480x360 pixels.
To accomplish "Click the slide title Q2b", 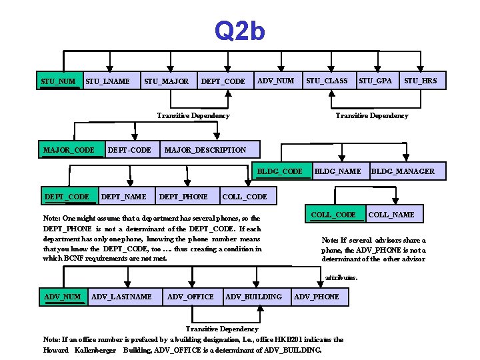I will (x=239, y=31).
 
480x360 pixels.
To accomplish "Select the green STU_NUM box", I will (x=59, y=81).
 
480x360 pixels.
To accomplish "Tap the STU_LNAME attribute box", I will (x=108, y=81).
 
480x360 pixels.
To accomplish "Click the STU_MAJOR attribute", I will (x=166, y=81).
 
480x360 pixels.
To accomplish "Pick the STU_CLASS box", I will (x=327, y=81).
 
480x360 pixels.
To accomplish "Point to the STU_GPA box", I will (x=375, y=81).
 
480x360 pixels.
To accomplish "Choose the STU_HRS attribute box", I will (x=420, y=81).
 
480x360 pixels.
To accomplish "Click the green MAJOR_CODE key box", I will (x=69, y=149).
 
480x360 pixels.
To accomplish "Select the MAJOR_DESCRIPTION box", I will (x=205, y=149).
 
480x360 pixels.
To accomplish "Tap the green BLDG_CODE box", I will (x=284, y=171).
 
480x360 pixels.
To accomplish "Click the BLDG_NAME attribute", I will (x=337, y=171).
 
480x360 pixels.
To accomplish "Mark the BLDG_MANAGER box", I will (x=403, y=171).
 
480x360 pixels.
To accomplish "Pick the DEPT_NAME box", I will (x=124, y=196).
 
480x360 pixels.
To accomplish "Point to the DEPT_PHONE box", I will (x=183, y=196).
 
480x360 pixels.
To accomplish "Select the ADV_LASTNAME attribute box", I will (x=121, y=296).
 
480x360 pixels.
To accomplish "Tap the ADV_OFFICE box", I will (x=191, y=296).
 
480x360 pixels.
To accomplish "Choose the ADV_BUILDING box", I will (x=254, y=296).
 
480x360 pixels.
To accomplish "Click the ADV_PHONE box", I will (x=317, y=296).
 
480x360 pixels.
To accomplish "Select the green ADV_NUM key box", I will (x=62, y=296).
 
